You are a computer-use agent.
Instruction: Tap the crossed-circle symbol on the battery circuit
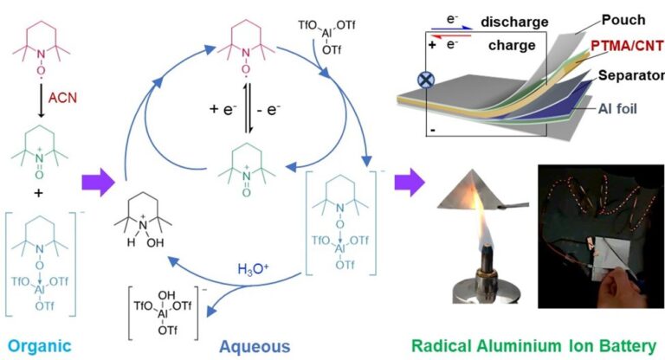pos(426,79)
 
